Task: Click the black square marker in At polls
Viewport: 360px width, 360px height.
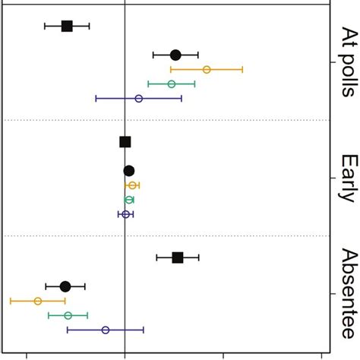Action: click(67, 26)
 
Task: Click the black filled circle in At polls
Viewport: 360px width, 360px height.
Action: click(175, 55)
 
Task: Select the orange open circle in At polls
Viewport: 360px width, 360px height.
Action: click(207, 69)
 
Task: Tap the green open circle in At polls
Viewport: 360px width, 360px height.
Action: click(172, 84)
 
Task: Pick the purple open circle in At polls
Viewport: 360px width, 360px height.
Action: click(138, 98)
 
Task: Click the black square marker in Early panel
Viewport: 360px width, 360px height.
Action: click(125, 142)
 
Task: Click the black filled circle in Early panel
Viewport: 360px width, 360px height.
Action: click(129, 171)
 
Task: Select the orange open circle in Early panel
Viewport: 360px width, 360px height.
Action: click(132, 185)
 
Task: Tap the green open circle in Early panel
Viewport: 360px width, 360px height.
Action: click(129, 200)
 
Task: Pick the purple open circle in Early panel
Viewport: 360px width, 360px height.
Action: click(126, 214)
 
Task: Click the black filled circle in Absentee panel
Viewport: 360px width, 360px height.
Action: click(65, 286)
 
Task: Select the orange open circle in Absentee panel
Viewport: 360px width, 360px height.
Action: click(38, 301)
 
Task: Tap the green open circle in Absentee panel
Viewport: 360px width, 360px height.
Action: click(68, 315)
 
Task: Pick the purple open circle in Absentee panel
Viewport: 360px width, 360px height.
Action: click(106, 330)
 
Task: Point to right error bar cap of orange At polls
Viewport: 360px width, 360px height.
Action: click(242, 69)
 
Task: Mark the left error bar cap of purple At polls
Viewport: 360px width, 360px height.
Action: click(96, 98)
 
